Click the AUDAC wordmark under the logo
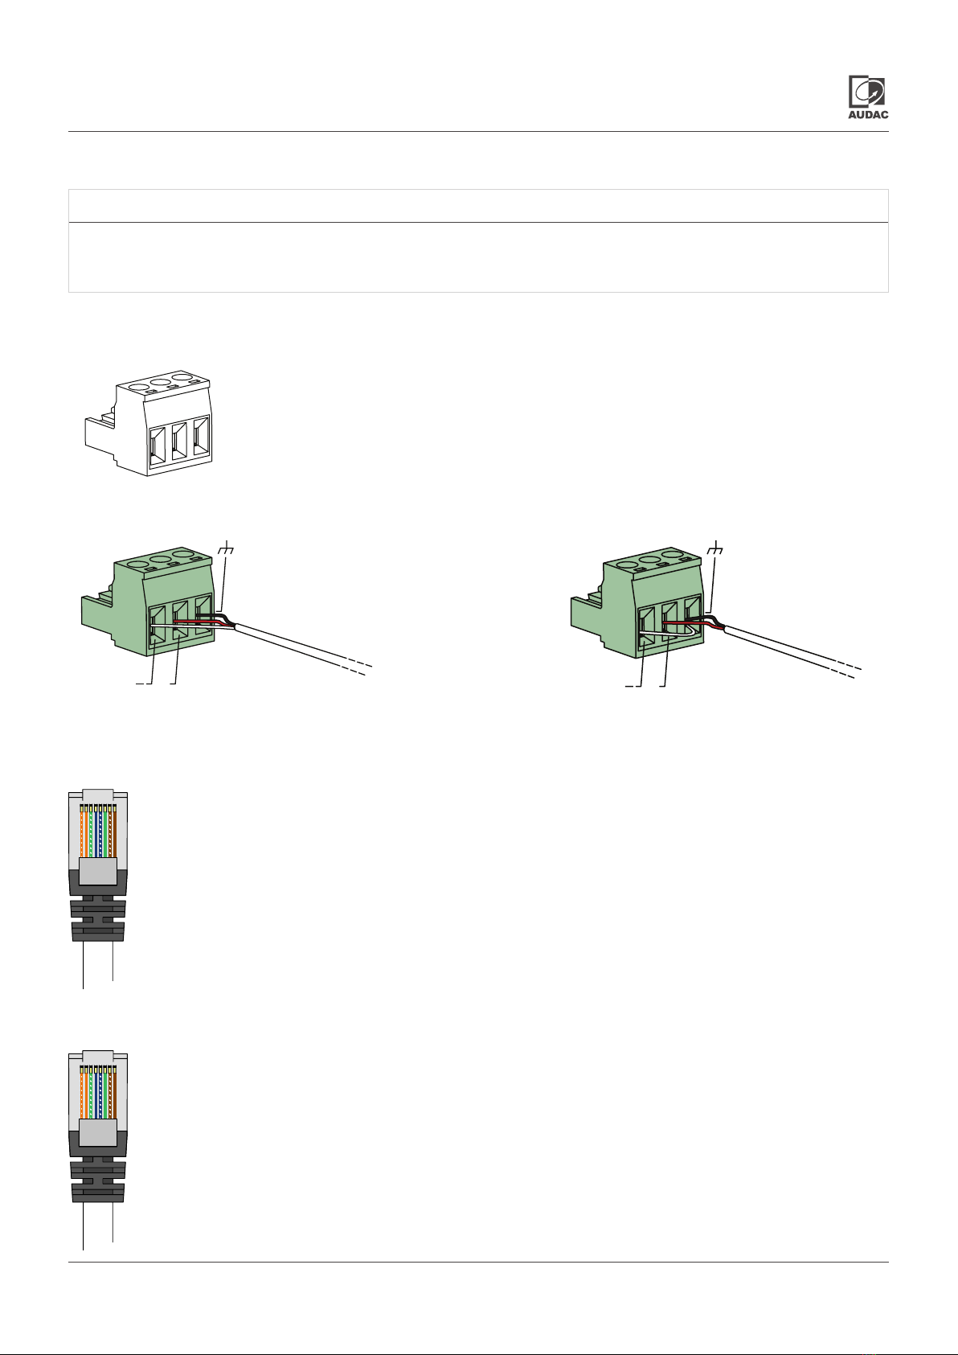point(868,114)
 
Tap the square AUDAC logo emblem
point(866,92)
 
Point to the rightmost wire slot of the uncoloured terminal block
point(201,436)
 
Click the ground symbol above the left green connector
point(226,549)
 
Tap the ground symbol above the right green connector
point(715,549)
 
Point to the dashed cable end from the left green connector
point(356,667)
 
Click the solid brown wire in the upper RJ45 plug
point(115,831)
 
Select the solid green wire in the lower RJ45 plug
point(105,1093)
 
